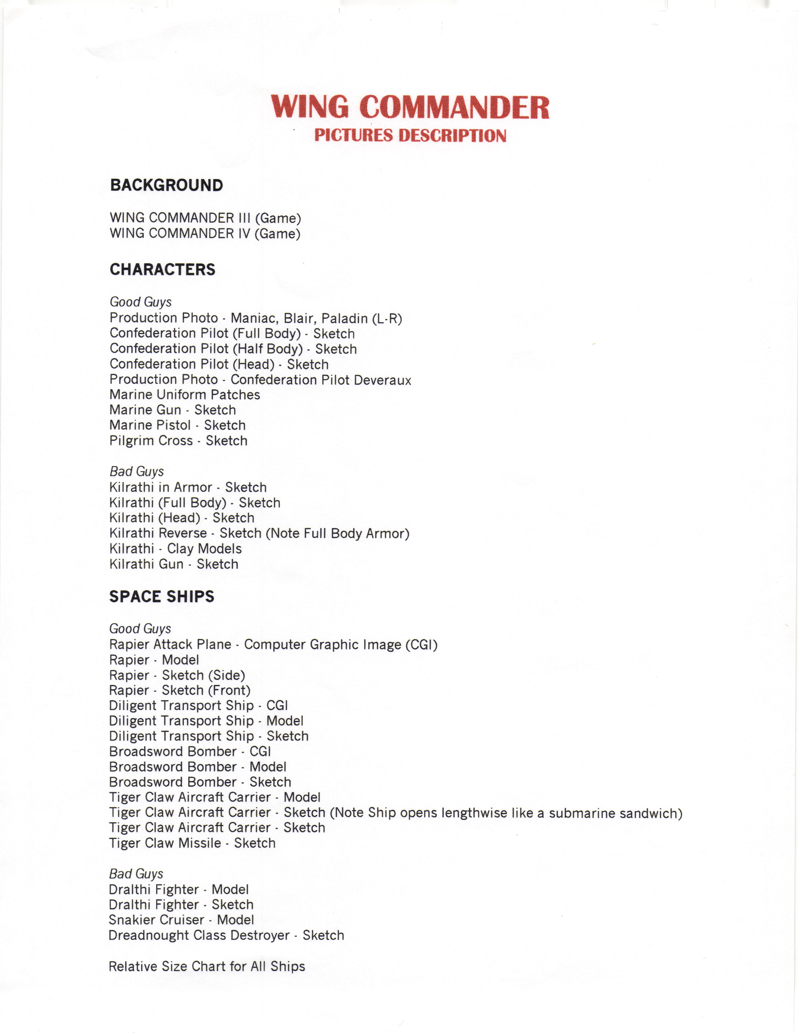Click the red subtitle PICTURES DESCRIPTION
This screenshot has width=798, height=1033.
coord(410,136)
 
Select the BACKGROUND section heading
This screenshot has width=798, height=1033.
coord(166,185)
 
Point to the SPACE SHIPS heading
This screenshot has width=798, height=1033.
coord(162,596)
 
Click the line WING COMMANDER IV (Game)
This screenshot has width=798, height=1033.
coord(205,234)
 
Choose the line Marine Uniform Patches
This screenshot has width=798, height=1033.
coord(184,395)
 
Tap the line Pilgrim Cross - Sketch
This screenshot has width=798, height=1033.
coord(178,441)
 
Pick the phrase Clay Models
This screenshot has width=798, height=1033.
coord(204,549)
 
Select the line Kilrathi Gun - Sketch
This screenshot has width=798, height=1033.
coord(173,564)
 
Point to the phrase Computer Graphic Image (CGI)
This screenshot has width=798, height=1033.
coord(340,645)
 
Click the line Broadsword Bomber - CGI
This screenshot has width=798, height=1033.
coord(190,752)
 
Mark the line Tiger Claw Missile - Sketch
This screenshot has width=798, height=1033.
coord(192,843)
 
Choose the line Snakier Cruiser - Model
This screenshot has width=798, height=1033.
coord(181,920)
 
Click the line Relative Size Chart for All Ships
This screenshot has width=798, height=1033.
coord(207,966)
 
